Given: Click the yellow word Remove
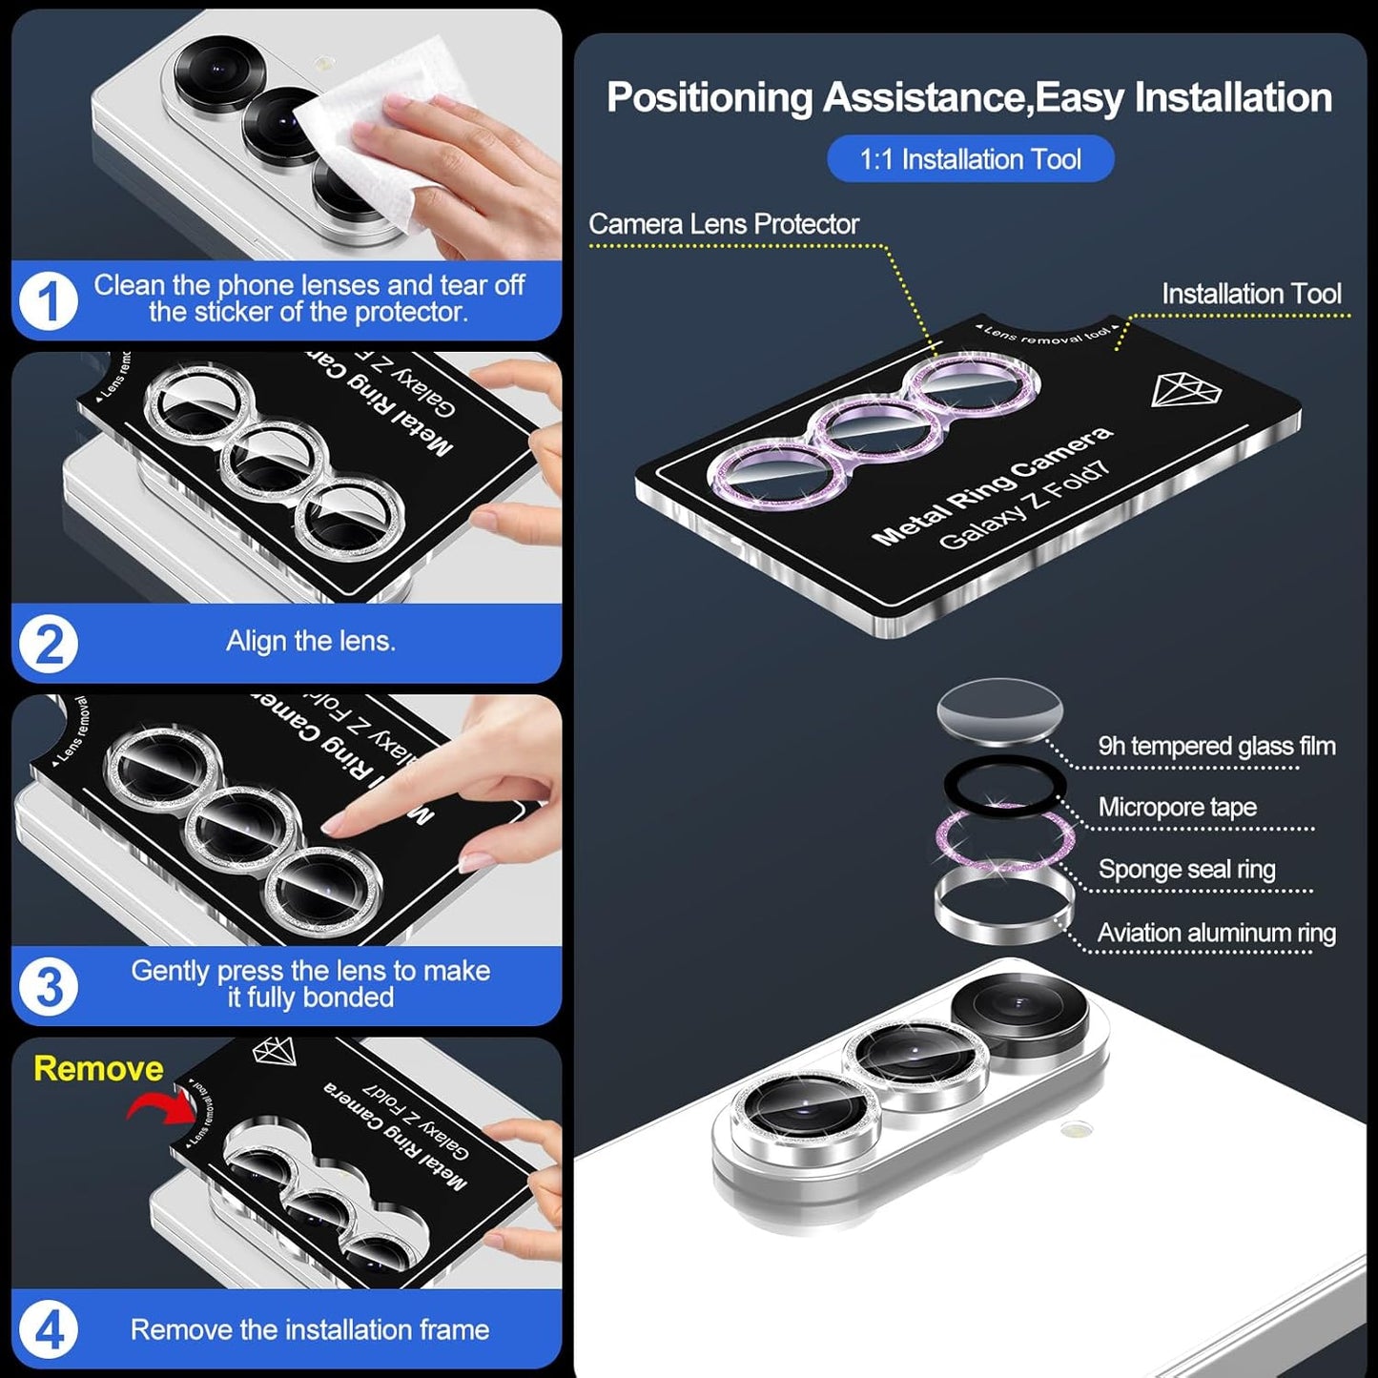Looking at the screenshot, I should tap(98, 1068).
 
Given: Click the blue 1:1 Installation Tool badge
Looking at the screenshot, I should tap(970, 159).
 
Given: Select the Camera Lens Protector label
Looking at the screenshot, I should tap(723, 224).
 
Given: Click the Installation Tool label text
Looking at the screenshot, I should tap(1250, 294).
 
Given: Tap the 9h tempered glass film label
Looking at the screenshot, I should tap(1216, 746).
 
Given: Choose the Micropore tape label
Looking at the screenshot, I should tap(1177, 807).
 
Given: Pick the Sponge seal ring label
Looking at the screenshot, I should tap(1186, 869).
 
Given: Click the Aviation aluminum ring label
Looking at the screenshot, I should tap(1216, 933).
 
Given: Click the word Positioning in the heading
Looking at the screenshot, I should tap(709, 98).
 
